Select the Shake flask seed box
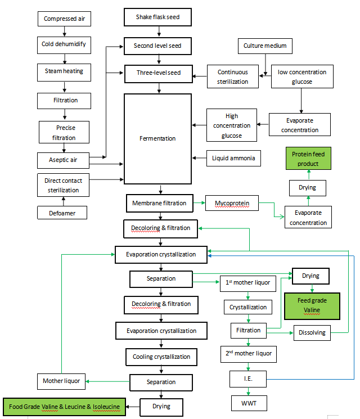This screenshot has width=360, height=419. [x=157, y=17]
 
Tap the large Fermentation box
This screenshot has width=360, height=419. [x=157, y=138]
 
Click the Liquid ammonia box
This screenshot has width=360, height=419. [x=233, y=158]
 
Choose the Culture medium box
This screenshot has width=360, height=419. [x=265, y=46]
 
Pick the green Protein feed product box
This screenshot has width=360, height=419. [x=308, y=159]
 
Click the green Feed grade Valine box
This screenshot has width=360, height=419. [x=312, y=305]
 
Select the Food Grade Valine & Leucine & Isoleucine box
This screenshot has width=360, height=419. [x=65, y=406]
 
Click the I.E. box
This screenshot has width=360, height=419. [x=248, y=379]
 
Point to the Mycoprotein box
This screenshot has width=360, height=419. [x=232, y=202]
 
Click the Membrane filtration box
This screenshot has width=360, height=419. [x=159, y=202]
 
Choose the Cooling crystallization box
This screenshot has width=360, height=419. [x=161, y=357]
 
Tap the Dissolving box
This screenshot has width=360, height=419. [x=312, y=332]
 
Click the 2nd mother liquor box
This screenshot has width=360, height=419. [x=248, y=354]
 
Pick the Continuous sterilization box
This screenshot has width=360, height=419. [x=232, y=76]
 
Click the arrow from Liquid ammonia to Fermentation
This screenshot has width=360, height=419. [x=199, y=158]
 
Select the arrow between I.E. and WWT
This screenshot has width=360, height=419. [x=248, y=391]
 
